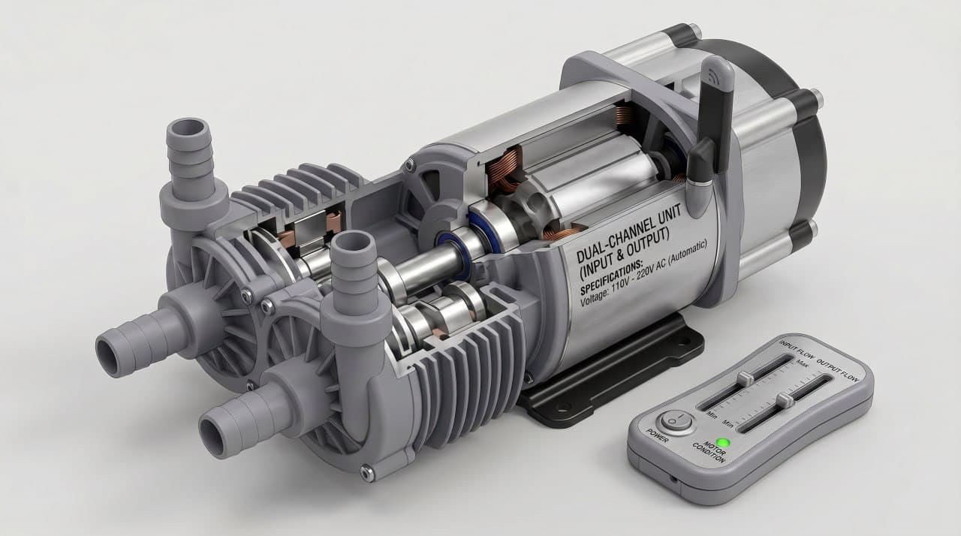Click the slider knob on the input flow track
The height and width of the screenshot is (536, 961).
pos(746,378)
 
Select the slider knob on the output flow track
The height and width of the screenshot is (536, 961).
pos(785,401)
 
